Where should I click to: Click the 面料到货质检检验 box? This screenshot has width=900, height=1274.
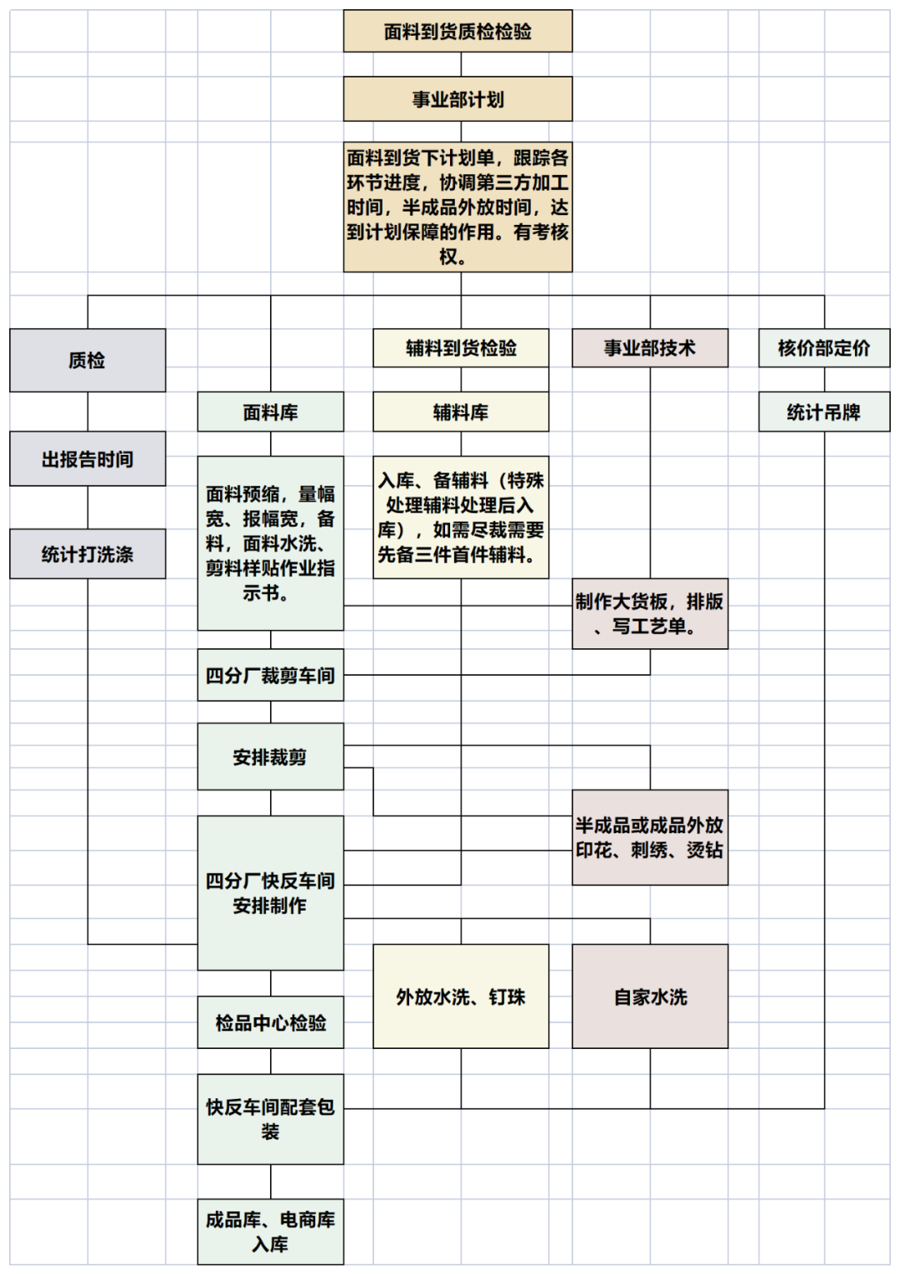[x=457, y=32]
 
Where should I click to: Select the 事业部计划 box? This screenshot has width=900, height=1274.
[x=457, y=99]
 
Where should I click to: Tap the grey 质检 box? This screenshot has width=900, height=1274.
[x=87, y=360]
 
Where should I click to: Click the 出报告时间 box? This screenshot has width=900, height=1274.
[x=87, y=458]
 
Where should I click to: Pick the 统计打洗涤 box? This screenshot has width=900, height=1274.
[x=87, y=554]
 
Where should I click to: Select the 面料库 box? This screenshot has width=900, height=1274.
[x=270, y=412]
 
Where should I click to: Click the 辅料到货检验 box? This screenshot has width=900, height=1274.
[x=461, y=348]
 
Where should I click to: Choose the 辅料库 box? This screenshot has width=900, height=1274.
[x=461, y=412]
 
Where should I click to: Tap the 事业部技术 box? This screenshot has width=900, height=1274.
[x=649, y=348]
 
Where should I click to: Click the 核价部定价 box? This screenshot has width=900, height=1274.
[x=823, y=348]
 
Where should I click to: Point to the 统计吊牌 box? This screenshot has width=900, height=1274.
[x=823, y=412]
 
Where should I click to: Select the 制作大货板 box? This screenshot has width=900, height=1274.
[x=649, y=613]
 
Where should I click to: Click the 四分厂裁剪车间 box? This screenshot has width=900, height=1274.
[x=270, y=675]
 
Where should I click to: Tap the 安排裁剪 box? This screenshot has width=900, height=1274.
[x=270, y=757]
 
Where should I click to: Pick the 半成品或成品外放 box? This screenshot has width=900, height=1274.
[x=649, y=837]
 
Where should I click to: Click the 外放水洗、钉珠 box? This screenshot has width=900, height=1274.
[x=461, y=997]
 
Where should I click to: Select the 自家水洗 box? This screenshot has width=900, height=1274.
[x=649, y=997]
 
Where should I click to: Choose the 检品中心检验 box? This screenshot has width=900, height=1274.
[x=270, y=1022]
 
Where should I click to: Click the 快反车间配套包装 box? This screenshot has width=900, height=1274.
[x=270, y=1119]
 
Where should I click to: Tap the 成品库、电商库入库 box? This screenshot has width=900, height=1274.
[x=270, y=1232]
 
